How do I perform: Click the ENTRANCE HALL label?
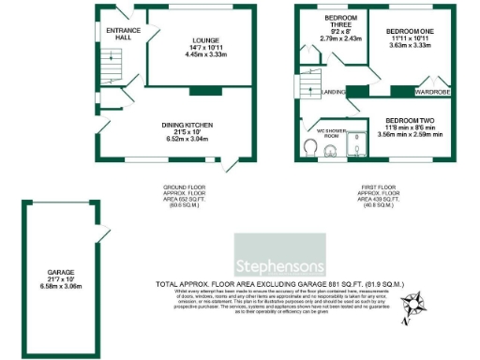(123, 34)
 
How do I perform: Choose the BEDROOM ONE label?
(411, 31)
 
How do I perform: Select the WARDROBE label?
(432, 92)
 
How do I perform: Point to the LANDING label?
(335, 92)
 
